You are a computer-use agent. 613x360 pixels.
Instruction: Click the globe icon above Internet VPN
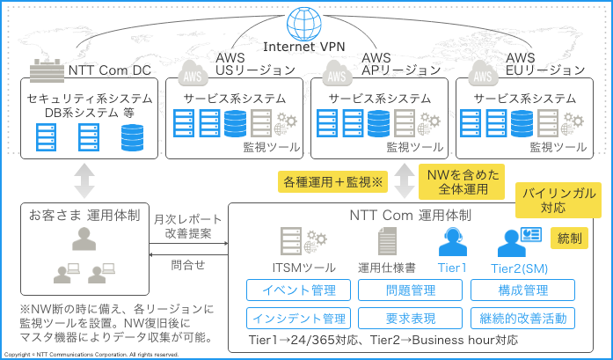click(304, 23)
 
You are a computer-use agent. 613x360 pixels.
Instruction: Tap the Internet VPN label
click(304, 47)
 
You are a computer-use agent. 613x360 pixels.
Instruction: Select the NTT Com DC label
click(109, 70)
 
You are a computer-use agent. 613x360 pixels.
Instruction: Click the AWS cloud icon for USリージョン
click(193, 74)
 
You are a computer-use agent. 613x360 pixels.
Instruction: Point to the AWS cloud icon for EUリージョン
click(483, 74)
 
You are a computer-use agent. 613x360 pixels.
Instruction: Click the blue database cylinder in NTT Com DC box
click(132, 137)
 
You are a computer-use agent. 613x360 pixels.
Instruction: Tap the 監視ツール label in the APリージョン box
click(415, 147)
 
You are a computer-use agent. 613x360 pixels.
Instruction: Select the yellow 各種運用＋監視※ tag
click(332, 182)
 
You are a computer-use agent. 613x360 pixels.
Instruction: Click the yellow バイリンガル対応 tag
click(558, 200)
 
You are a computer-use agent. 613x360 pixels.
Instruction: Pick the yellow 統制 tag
click(569, 239)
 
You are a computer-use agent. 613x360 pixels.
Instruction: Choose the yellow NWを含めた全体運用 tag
click(462, 182)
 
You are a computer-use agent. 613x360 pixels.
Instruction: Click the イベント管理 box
click(298, 290)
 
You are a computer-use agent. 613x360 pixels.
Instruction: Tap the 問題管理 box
click(410, 290)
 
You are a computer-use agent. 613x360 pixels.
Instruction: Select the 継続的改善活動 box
click(522, 318)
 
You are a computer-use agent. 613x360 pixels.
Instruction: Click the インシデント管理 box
click(298, 318)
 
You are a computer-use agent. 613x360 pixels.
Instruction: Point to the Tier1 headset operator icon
click(453, 242)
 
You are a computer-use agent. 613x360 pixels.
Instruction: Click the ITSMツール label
click(303, 268)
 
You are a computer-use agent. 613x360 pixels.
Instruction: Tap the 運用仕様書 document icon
click(387, 241)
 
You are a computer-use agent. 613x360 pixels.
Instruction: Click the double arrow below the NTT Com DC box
click(84, 180)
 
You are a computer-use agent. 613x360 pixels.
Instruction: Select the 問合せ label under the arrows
click(188, 265)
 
